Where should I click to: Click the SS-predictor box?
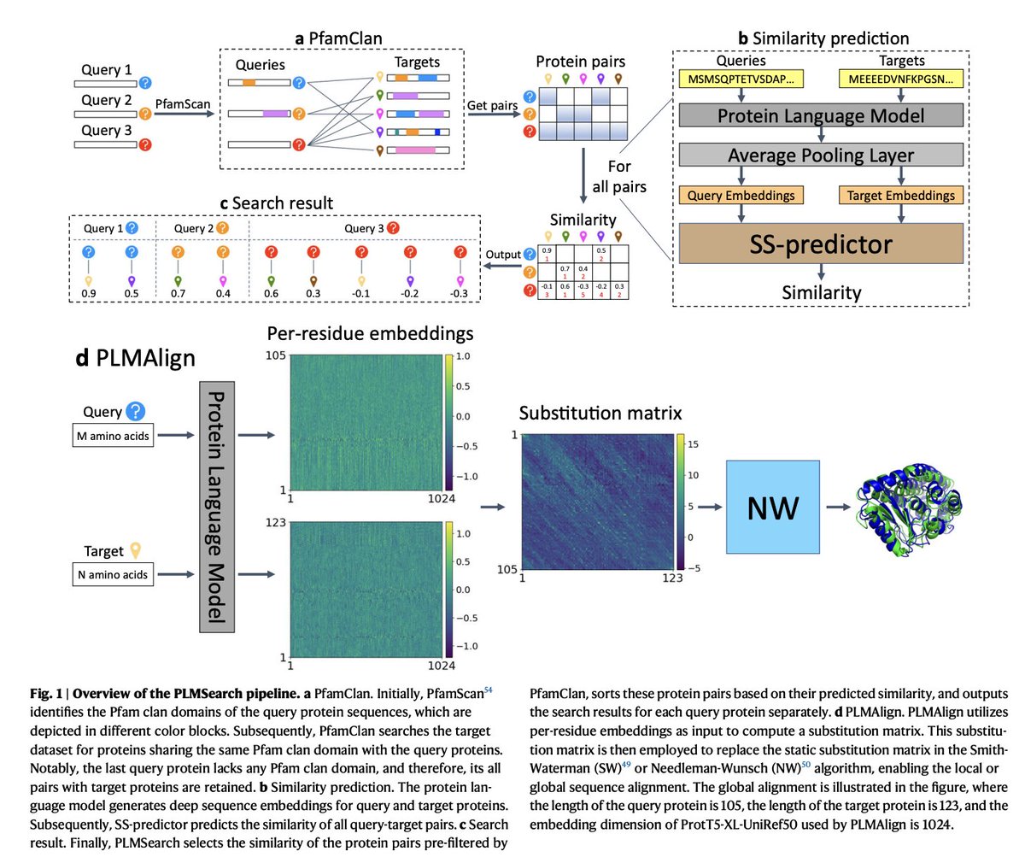(820, 244)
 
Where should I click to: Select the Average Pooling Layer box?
(820, 155)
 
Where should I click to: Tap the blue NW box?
(772, 507)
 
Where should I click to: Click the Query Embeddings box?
(741, 195)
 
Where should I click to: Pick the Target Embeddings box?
(900, 195)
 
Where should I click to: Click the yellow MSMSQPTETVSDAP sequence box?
(741, 79)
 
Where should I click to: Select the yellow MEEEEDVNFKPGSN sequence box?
(900, 79)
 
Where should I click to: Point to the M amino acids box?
(113, 436)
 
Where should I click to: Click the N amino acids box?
(113, 574)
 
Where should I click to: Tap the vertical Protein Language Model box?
(216, 507)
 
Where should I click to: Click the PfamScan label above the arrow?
(182, 104)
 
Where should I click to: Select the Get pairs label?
(492, 105)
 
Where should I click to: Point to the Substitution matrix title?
(600, 414)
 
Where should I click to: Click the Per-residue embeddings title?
(370, 333)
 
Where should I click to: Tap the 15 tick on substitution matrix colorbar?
(694, 444)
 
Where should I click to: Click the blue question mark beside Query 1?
(145, 83)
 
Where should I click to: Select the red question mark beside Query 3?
(145, 144)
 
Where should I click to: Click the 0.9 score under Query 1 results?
(88, 293)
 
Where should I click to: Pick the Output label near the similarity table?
(503, 255)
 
